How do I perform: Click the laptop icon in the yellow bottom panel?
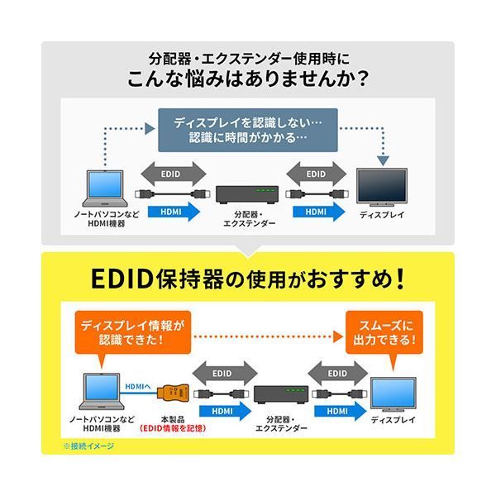coord(105,389)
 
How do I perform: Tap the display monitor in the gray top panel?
coord(381,187)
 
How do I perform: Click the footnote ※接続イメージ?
coord(88,446)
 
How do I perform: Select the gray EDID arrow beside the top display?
coord(315,174)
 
